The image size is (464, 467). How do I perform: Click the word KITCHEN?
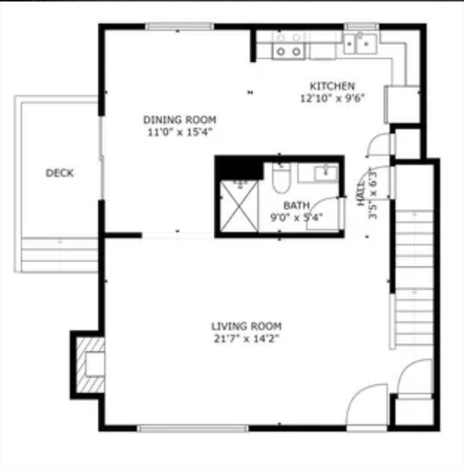pos(332,86)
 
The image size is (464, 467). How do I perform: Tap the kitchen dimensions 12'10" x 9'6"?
pos(332,98)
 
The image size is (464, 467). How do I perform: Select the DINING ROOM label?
pos(179,120)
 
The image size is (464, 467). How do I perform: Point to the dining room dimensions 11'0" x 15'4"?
pos(179,131)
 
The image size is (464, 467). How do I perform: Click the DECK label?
pos(60,173)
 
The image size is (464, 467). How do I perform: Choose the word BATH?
pos(296,206)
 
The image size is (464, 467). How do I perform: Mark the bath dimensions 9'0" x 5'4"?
pos(296,216)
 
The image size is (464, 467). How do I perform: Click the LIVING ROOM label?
pos(246,327)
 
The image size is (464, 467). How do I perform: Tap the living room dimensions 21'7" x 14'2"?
pos(246,339)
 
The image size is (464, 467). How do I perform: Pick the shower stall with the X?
pos(240,206)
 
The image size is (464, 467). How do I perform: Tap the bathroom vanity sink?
pos(326,173)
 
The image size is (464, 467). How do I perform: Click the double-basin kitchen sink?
pos(359,43)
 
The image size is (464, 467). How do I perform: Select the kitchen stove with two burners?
pos(288,45)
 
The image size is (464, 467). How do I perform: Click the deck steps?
pos(60,254)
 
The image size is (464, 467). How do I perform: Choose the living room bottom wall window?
pos(193,428)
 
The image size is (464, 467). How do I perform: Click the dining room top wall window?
pos(179,27)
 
